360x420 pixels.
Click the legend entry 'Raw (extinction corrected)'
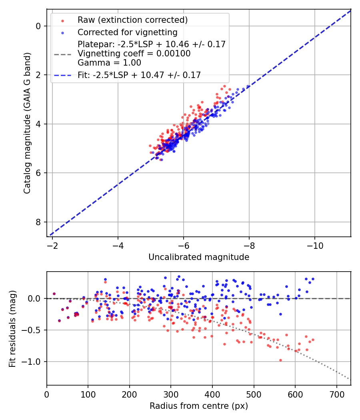coord(132,20)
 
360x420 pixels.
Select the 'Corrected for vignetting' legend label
coord(127,32)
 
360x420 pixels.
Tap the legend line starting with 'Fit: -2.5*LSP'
coord(139,74)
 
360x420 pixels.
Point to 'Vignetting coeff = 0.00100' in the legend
coord(134,54)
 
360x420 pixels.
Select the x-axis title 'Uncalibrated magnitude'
coord(199,257)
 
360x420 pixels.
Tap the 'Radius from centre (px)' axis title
coord(199,406)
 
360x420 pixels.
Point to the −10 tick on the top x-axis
coord(314,244)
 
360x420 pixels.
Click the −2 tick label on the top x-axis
coord(52,244)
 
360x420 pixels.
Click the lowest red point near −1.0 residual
coord(280,360)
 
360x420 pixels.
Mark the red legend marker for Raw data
coord(62,20)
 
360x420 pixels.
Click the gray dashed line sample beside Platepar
coord(62,54)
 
